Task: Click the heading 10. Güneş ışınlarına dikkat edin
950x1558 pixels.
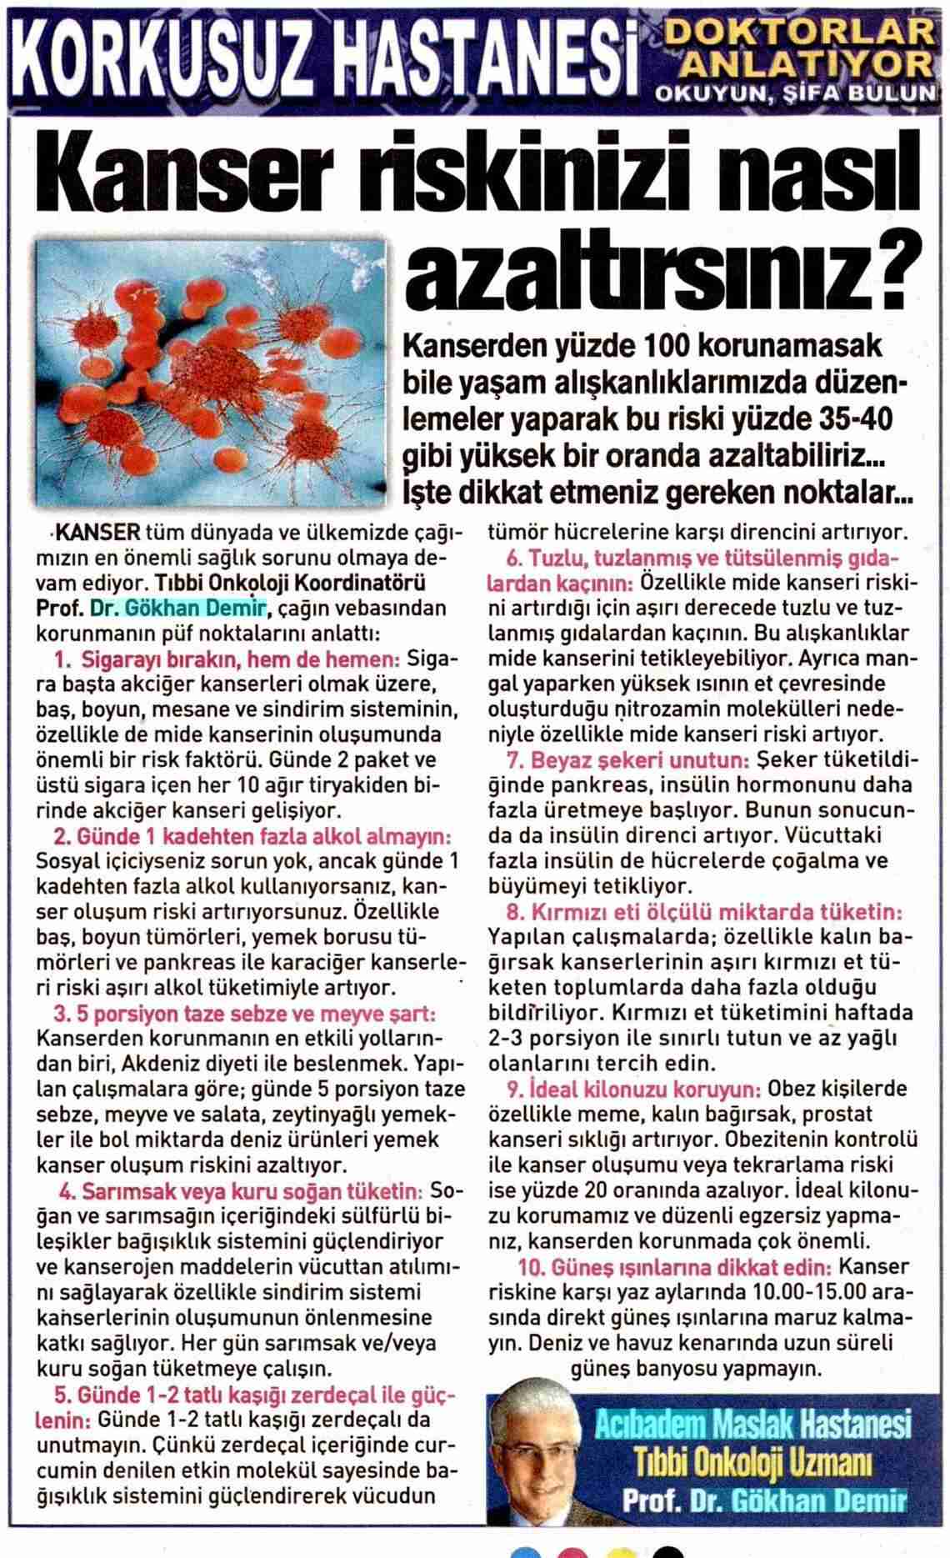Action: coord(675,1267)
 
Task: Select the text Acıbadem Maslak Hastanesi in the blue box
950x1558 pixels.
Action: coord(753,1425)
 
